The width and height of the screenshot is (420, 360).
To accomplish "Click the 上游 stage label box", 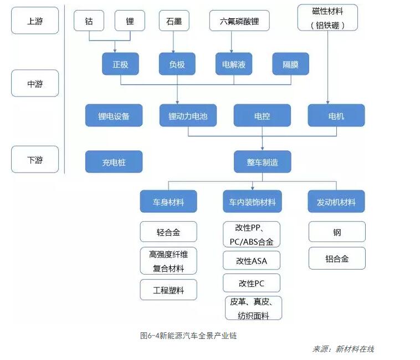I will click(34, 21).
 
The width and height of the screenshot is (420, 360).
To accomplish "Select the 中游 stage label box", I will click(34, 84).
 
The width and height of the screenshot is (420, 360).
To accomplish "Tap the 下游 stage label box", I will click(34, 160).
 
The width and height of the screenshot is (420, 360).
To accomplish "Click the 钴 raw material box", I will click(89, 21).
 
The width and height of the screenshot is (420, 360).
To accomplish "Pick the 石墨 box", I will click(174, 21).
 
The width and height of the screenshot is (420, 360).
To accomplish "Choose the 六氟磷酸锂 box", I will click(243, 21).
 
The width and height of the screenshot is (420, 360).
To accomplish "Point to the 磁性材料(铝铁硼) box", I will click(327, 17).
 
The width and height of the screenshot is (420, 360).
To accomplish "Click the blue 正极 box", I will click(120, 64).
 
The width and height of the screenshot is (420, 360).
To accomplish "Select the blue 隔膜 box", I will click(290, 64).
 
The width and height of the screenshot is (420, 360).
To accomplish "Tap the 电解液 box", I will click(233, 64).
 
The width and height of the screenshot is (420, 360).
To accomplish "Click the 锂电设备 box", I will click(114, 116).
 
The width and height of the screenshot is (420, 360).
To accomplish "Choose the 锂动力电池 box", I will click(188, 116).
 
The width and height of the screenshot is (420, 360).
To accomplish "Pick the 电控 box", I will click(262, 116).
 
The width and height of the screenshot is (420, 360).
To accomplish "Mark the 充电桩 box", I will click(114, 162).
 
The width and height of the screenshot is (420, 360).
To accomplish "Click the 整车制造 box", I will click(262, 162).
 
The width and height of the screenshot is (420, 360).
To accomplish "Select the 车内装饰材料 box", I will click(252, 202).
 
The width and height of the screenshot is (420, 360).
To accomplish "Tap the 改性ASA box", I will click(252, 261).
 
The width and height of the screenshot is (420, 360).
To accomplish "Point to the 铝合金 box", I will click(337, 258).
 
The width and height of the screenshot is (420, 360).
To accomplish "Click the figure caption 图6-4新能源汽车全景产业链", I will click(188, 335).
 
